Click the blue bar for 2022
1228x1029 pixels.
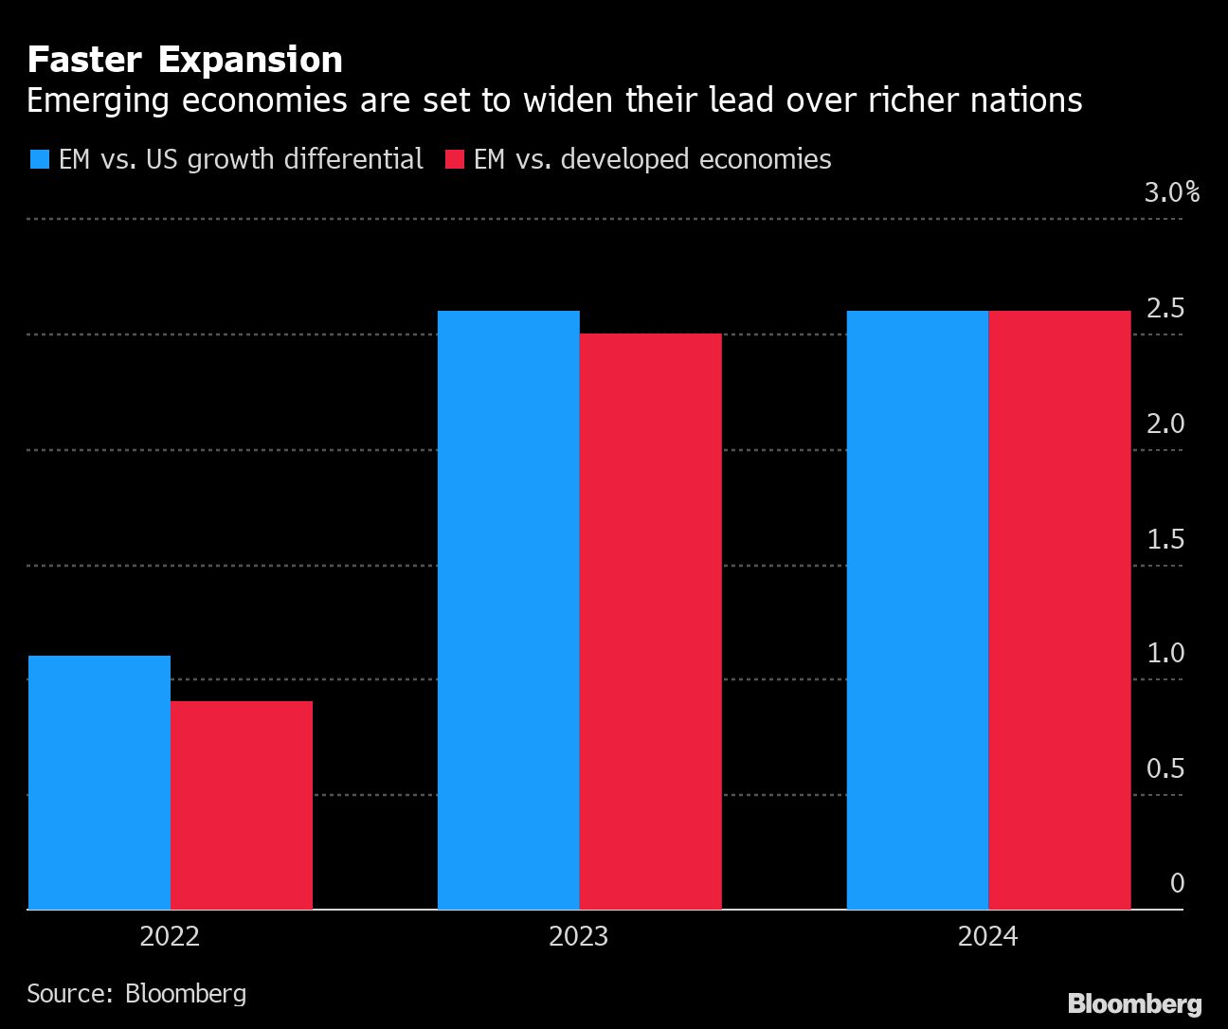pyautogui.click(x=99, y=782)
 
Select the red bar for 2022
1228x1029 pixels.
pyautogui.click(x=242, y=805)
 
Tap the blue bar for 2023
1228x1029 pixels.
pyautogui.click(x=509, y=610)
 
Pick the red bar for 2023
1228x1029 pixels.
pyautogui.click(x=651, y=622)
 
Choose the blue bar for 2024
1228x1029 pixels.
pyautogui.click(x=917, y=610)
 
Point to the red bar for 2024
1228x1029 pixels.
pyautogui.click(x=1059, y=610)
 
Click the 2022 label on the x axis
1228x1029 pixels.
pyautogui.click(x=170, y=937)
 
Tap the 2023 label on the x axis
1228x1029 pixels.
pyautogui.click(x=579, y=937)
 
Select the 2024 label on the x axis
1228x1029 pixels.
pyautogui.click(x=987, y=937)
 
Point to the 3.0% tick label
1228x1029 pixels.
pyautogui.click(x=1171, y=193)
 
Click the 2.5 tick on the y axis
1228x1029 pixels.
pyautogui.click(x=1165, y=309)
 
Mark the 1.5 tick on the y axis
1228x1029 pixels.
pyautogui.click(x=1165, y=540)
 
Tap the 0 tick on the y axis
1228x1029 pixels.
pyautogui.click(x=1177, y=884)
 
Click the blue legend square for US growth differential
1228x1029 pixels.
pyautogui.click(x=39, y=159)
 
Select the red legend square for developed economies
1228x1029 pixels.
pyautogui.click(x=454, y=159)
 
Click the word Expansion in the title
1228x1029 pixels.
pyautogui.click(x=250, y=60)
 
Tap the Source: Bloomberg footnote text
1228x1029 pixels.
pyautogui.click(x=136, y=993)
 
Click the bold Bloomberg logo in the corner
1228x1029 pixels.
pyautogui.click(x=1134, y=1004)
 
